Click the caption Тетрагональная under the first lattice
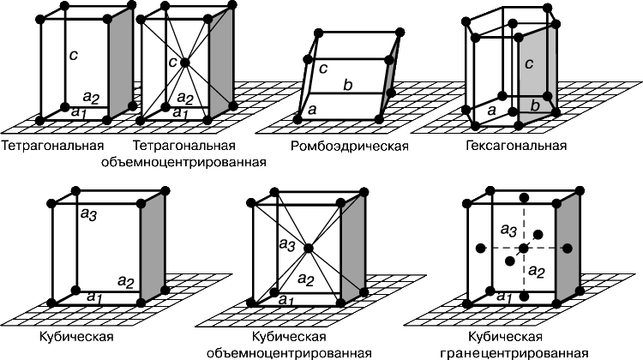point(53,146)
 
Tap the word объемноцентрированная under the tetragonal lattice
point(183,162)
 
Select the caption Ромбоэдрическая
point(350,147)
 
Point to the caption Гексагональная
point(516,146)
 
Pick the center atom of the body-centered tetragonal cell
point(184,63)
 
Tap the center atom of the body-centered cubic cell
point(309,248)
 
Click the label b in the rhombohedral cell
point(348,85)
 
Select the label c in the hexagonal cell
point(529,64)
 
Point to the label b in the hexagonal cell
point(535,105)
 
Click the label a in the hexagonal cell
point(492,110)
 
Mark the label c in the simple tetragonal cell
point(73,55)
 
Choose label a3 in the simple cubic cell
point(88,214)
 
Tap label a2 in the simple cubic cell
point(126,282)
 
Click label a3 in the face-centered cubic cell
point(508,231)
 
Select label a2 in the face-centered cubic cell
point(537,271)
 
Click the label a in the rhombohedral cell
point(312,110)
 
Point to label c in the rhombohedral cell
point(323,68)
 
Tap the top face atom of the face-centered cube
point(523,198)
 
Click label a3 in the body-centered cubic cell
point(287,245)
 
